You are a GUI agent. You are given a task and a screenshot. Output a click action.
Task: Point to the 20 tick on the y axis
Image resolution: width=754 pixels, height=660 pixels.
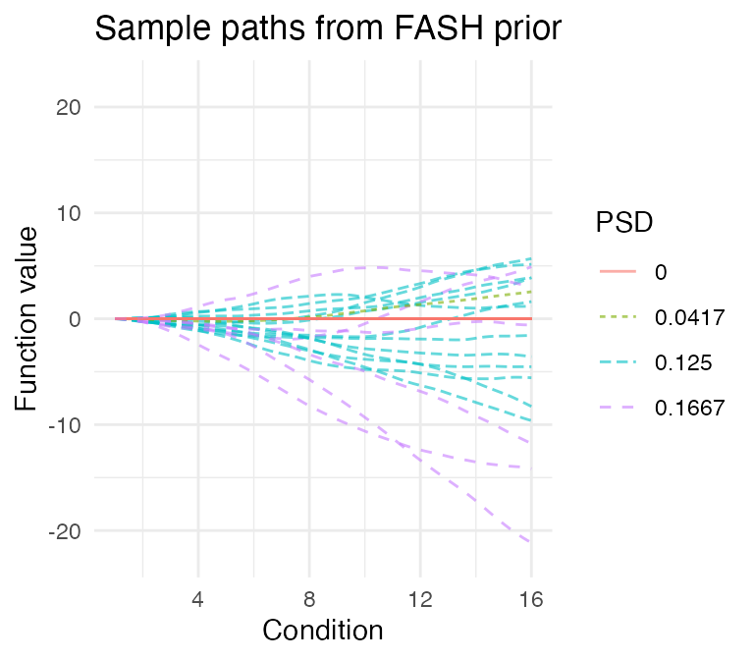tap(68, 106)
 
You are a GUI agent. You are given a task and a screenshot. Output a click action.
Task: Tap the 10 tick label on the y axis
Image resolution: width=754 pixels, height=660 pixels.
tap(68, 212)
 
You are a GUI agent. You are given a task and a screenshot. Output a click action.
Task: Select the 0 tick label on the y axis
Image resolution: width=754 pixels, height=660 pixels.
tap(74, 318)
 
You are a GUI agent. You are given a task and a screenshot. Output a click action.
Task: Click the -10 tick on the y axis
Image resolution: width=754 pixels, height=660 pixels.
tap(64, 424)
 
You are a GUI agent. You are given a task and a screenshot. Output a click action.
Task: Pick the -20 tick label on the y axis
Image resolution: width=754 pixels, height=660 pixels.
tap(64, 530)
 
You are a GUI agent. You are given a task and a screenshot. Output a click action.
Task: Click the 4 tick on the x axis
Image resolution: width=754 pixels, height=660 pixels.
tap(198, 597)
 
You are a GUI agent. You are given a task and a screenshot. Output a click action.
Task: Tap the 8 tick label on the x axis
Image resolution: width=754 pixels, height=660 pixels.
tap(309, 597)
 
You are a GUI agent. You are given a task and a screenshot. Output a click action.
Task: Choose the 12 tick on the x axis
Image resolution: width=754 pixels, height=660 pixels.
tap(420, 597)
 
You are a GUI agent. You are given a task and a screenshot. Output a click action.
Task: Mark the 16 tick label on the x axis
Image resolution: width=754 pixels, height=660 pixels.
tap(531, 597)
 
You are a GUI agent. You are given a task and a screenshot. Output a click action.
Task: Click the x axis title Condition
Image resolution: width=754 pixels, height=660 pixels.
tap(322, 629)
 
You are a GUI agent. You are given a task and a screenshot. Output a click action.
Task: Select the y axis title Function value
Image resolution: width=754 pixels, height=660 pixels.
tap(28, 318)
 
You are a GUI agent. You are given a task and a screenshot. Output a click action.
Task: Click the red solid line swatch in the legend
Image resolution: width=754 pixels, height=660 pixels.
tap(619, 272)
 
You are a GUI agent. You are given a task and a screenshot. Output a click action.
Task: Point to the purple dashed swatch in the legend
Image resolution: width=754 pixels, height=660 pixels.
tap(619, 408)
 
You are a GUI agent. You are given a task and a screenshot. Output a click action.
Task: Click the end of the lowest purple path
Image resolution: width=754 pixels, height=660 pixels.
tap(531, 541)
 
